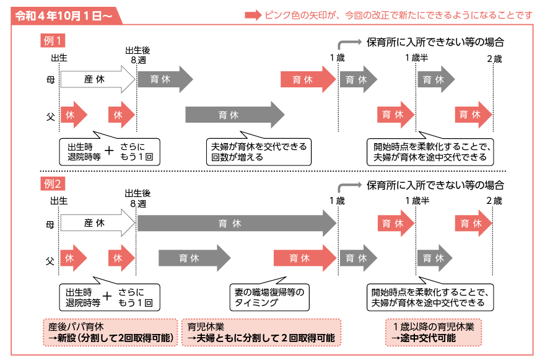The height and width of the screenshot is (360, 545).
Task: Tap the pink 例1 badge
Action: tap(53, 41)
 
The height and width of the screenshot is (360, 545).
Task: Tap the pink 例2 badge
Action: tap(53, 183)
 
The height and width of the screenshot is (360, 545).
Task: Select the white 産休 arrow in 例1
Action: tap(98, 79)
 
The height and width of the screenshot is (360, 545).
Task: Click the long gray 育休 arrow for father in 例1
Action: tap(235, 115)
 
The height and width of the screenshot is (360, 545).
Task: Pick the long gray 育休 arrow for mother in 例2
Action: tap(237, 223)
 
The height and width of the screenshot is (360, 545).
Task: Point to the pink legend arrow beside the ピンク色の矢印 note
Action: tap(253, 15)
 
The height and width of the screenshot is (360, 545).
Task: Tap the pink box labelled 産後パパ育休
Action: tap(110, 333)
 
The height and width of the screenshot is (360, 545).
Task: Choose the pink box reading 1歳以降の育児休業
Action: tap(434, 333)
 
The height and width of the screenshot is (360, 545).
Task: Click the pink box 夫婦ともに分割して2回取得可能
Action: tap(261, 333)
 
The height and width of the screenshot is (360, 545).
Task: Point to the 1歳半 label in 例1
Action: tap(416, 58)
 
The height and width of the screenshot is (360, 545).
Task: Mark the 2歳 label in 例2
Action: tap(494, 201)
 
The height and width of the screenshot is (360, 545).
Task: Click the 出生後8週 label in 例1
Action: tap(138, 55)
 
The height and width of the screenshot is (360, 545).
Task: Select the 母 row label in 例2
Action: tap(50, 225)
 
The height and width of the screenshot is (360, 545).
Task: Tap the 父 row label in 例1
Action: tap(51, 116)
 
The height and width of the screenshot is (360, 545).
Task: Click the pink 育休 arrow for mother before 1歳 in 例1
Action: tap(308, 79)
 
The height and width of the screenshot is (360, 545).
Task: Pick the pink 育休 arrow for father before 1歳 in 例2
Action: tap(305, 258)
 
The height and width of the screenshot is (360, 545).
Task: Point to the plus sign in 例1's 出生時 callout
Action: tap(109, 151)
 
